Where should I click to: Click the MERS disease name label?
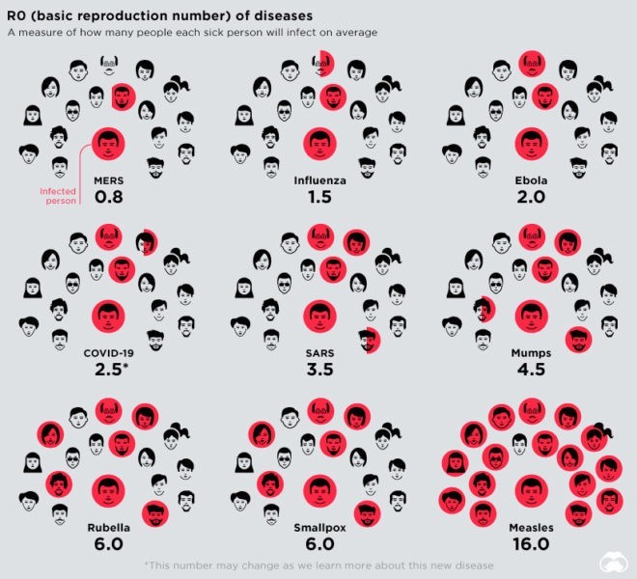(108, 180)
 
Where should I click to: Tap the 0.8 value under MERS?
(108, 198)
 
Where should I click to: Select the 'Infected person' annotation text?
(58, 196)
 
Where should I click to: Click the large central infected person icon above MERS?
(108, 146)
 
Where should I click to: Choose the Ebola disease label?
(530, 180)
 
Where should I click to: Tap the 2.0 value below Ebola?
(530, 198)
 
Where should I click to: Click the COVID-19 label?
(108, 353)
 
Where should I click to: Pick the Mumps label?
(530, 353)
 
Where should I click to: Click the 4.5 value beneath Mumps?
(530, 371)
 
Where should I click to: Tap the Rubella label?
(108, 527)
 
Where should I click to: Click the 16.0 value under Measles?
(530, 544)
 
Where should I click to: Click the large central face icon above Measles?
(530, 492)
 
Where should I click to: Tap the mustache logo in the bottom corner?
(616, 560)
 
